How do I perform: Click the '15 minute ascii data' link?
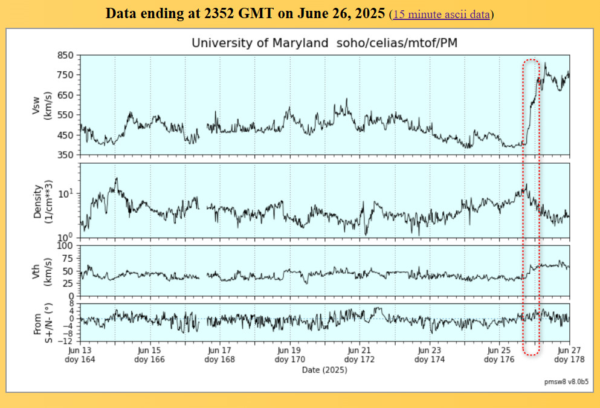coord(441,15)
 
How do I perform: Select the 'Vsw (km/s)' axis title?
coord(42,105)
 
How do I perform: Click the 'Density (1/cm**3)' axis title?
coord(42,199)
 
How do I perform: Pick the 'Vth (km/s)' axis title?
coord(42,270)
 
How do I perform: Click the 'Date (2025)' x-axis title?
coord(324,369)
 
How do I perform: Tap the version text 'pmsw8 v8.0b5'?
coord(567,383)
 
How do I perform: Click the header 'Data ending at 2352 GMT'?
coord(245,14)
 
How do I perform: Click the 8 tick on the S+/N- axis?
coord(71,303)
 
